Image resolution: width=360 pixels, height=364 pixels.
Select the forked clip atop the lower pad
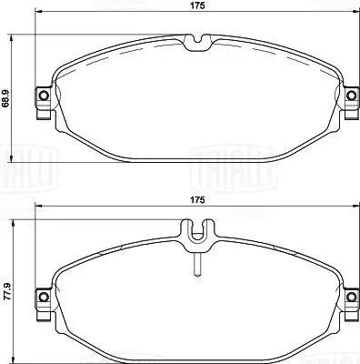(x=196, y=235)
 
